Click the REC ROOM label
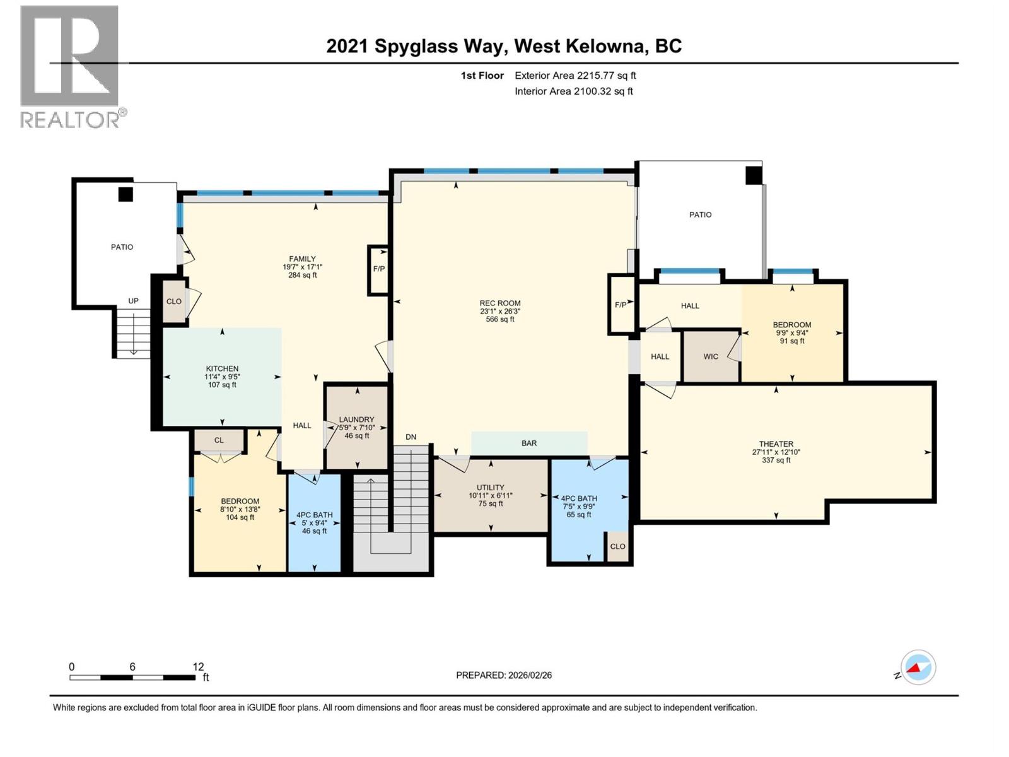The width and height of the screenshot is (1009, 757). [x=499, y=303]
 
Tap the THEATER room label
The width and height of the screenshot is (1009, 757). [x=776, y=444]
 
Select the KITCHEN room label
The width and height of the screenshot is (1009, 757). [x=222, y=369]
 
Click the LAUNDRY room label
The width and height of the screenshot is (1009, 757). [x=356, y=420]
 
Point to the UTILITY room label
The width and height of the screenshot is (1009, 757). [x=490, y=488]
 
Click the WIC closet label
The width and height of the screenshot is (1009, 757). [x=711, y=356]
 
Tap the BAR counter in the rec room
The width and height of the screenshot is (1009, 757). [x=529, y=443]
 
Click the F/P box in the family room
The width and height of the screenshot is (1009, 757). [x=378, y=269]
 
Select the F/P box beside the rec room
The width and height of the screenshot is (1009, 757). [x=621, y=305]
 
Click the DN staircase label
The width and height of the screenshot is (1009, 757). [x=411, y=437]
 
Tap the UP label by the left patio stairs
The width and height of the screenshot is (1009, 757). [x=133, y=301]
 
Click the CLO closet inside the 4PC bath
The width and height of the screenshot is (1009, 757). [x=617, y=546]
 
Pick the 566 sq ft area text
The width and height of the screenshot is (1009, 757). [x=499, y=319]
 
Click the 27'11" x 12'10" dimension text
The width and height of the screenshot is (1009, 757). [x=776, y=452]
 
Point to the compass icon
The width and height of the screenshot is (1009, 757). [x=918, y=667]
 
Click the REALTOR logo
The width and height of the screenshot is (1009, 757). [x=71, y=66]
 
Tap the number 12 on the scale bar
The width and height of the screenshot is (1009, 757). [x=198, y=667]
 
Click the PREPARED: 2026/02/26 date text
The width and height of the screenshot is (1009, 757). [x=504, y=675]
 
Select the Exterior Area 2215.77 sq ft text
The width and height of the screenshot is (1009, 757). [x=574, y=76]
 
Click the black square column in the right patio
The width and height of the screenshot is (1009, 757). [x=754, y=175]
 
